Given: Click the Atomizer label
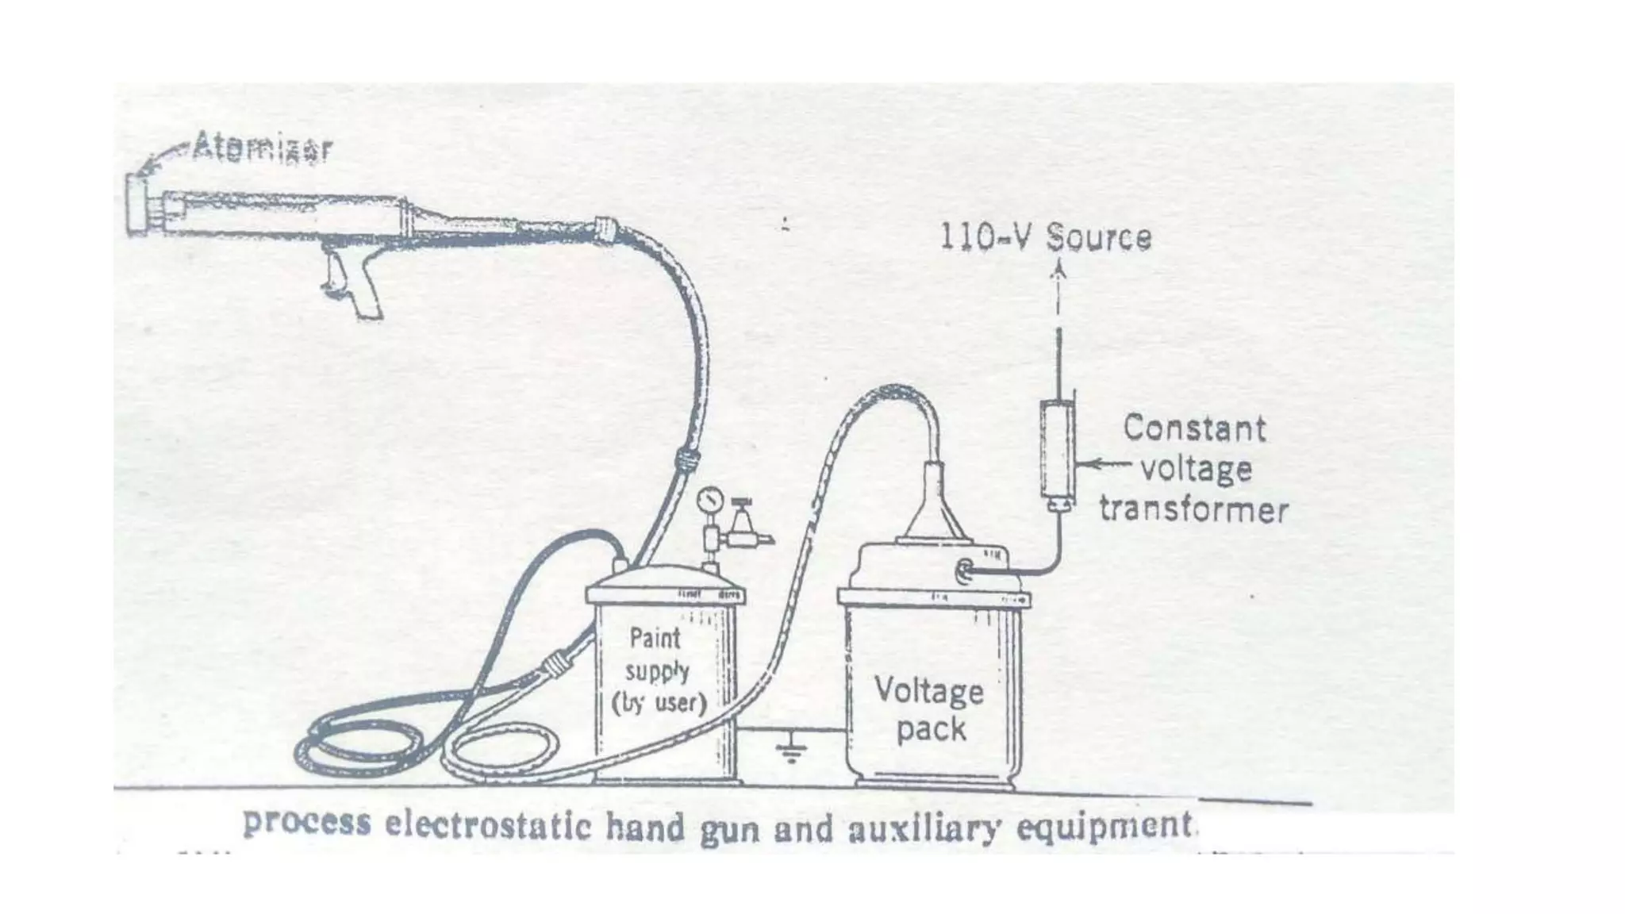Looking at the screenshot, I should click(262, 148).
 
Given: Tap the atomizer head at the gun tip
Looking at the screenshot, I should click(137, 204).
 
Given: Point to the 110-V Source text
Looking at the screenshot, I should click(1045, 237).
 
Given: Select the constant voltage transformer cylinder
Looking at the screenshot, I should click(1057, 449).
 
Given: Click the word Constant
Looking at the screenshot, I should click(1194, 428).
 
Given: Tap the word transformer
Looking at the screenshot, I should click(1193, 509).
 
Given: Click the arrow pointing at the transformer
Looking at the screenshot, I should click(1103, 464).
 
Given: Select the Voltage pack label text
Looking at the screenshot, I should click(930, 709).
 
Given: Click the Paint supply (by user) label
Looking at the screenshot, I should click(658, 670).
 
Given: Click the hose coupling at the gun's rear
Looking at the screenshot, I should click(605, 230).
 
